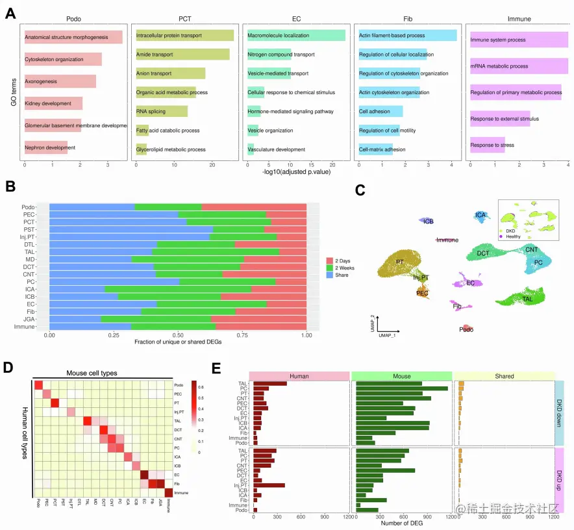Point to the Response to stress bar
click(x=487, y=145)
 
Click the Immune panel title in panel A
click(x=519, y=19)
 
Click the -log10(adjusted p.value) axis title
click(x=296, y=172)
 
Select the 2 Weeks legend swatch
click(x=330, y=268)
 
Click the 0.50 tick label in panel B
click(x=177, y=336)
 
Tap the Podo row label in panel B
click(x=28, y=207)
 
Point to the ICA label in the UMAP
click(x=480, y=214)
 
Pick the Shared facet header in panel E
click(x=503, y=375)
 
